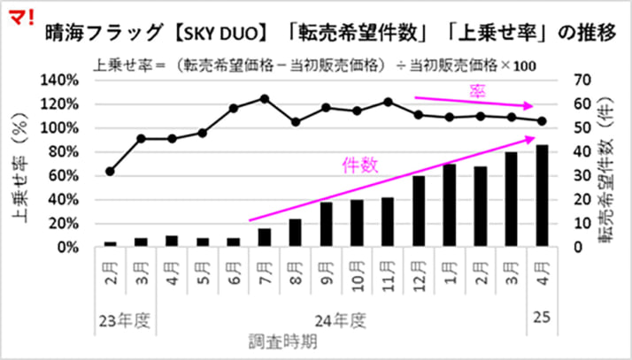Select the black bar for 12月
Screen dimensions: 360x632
coord(420,211)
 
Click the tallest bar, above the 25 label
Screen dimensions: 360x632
coord(542,195)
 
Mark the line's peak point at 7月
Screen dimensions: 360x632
coord(265,98)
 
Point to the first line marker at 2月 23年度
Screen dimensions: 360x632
coord(110,171)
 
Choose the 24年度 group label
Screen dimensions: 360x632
coord(340,316)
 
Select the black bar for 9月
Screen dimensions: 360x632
coord(327,225)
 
